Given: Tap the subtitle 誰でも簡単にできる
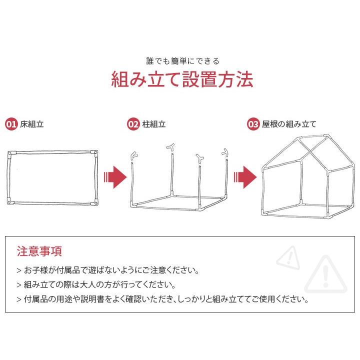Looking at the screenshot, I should pyautogui.click(x=182, y=61).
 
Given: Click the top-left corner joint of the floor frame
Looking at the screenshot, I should pyautogui.click(x=11, y=153).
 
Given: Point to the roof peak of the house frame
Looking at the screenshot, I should pyautogui.click(x=325, y=136).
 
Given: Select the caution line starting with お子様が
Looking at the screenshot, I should pyautogui.click(x=108, y=271).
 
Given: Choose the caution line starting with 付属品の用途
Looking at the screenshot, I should pyautogui.click(x=162, y=300).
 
